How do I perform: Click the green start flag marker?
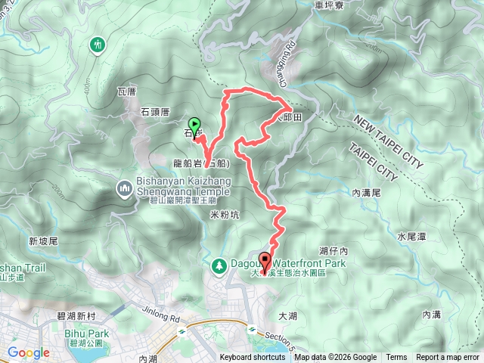(x=194, y=126)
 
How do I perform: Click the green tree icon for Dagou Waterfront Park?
(x=219, y=265)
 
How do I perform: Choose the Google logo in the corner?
(x=28, y=352)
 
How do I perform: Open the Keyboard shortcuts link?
(x=253, y=358)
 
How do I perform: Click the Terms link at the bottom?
(x=396, y=358)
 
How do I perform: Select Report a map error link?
(x=448, y=358)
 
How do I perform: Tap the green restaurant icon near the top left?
(x=98, y=45)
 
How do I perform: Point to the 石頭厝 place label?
(x=156, y=112)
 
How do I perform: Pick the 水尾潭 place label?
(x=412, y=237)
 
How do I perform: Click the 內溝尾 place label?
(x=368, y=194)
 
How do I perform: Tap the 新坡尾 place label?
(x=44, y=240)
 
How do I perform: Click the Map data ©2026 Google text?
(x=336, y=358)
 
